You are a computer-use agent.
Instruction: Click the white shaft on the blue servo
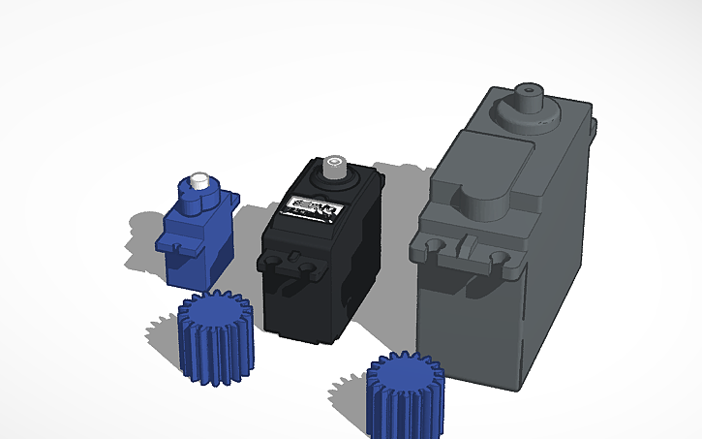pyautogui.click(x=200, y=180)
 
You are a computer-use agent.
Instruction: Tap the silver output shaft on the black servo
pyautogui.click(x=335, y=165)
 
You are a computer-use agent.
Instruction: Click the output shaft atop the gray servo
pyautogui.click(x=529, y=98)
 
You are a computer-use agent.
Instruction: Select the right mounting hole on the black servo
pyautogui.click(x=307, y=267)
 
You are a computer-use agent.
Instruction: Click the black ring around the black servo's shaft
pyautogui.click(x=334, y=180)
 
